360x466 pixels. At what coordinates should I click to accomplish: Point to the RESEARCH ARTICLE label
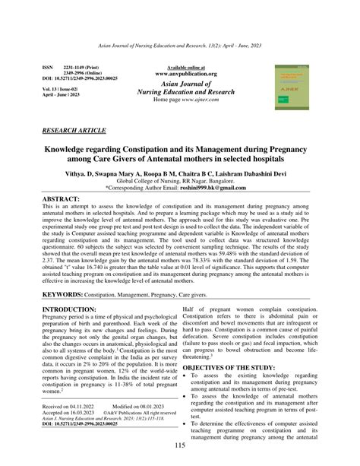click(74, 131)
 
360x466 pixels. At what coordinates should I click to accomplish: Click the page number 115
click(180, 445)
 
